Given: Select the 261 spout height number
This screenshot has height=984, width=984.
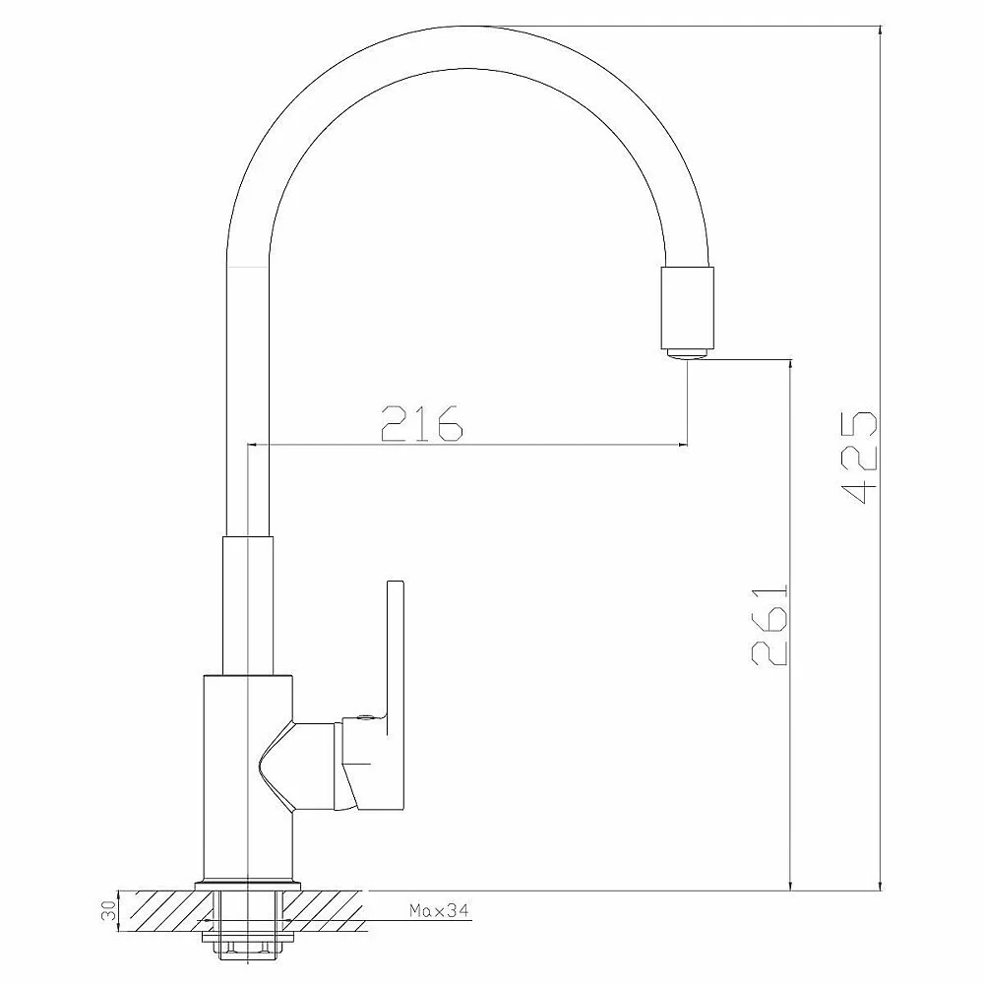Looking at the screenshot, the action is tap(769, 625).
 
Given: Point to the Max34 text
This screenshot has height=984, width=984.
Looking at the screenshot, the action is tap(439, 910).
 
